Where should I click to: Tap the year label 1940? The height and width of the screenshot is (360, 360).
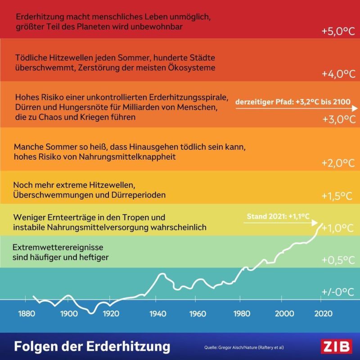coord(157,314)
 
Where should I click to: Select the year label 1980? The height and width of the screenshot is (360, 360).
coord(242,314)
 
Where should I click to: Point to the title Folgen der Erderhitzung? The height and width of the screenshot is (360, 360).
coord(92,347)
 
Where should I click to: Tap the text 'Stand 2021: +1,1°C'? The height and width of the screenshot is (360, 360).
coord(278,216)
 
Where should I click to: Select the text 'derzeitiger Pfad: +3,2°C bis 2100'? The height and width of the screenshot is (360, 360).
coord(293,102)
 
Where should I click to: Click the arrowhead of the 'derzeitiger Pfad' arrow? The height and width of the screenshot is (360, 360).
coord(355,108)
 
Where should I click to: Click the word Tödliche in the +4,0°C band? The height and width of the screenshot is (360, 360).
coord(31,58)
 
